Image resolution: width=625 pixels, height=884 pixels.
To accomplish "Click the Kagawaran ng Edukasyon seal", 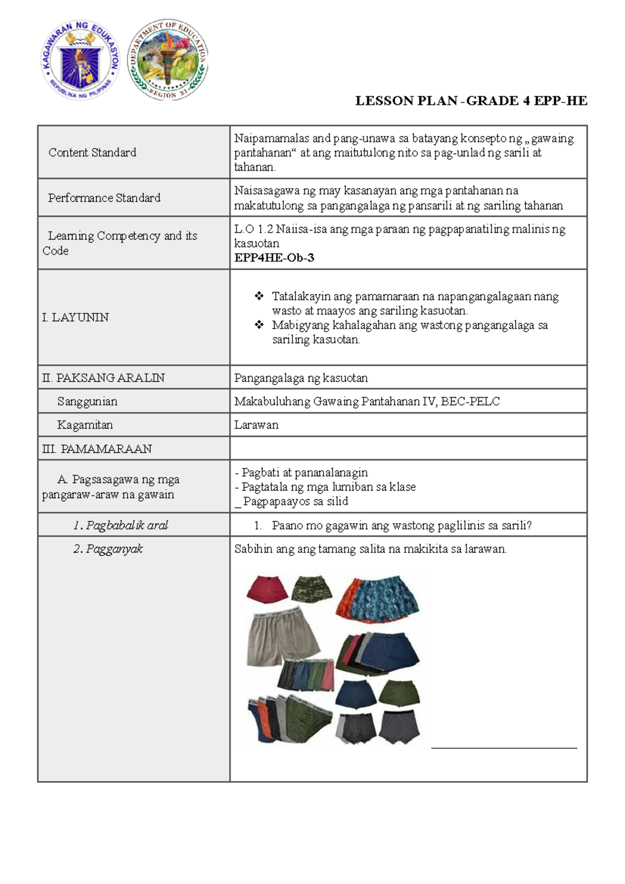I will point(81,61).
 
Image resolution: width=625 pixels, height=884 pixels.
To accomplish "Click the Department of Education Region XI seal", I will point(168,61).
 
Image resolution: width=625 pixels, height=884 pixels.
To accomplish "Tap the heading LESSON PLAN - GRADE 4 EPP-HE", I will point(471,101).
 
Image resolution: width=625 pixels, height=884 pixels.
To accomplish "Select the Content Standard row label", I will point(92,153).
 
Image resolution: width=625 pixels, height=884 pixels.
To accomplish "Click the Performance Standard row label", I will point(104,198).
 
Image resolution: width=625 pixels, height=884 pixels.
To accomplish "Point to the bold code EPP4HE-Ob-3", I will point(274,258).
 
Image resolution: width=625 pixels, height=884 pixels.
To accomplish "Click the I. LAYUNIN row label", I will point(76,317).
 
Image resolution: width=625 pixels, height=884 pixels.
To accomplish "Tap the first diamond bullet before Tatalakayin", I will point(259,296).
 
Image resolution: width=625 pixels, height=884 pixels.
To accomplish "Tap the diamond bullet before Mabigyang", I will point(259,325).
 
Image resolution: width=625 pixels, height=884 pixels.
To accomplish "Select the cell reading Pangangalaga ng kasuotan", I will point(301,378).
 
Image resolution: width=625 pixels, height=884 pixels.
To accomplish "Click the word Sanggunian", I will point(87,401).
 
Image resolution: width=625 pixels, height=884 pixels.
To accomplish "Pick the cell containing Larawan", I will point(256,425).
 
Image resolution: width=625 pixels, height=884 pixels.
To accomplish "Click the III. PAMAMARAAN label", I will point(97,449).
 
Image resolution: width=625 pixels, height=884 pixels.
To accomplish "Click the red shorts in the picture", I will point(267,589).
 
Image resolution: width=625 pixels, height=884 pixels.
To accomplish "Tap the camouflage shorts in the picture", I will point(311,588).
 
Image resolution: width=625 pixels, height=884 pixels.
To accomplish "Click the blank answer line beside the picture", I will point(504,748).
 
